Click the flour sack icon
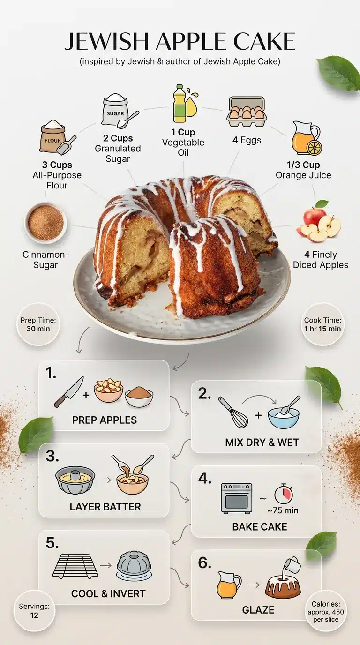point(55,138)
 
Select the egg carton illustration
point(246,112)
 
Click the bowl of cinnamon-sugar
point(45,223)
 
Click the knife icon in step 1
point(68,392)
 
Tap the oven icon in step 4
point(236,498)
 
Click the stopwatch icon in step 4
point(283,494)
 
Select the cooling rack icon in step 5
point(75,565)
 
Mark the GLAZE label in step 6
point(258,610)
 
